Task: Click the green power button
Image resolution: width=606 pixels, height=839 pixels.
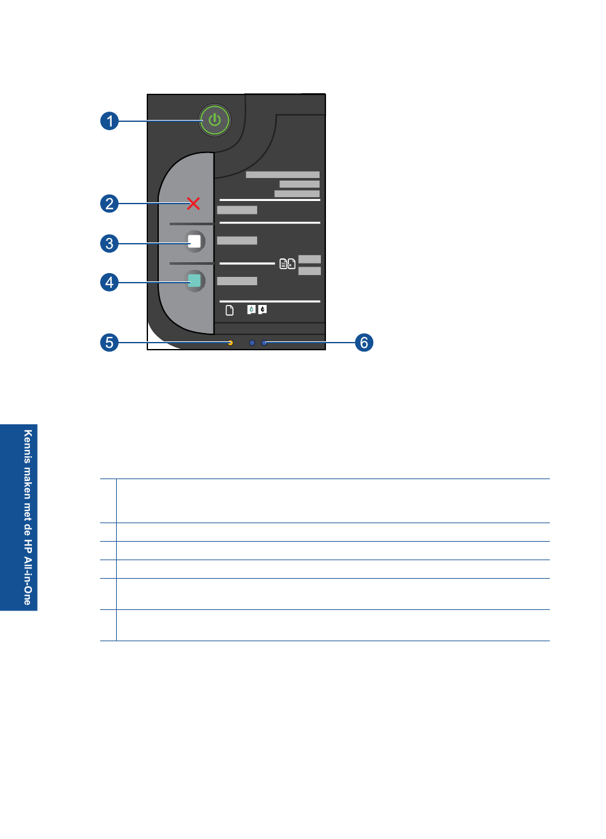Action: [x=214, y=120]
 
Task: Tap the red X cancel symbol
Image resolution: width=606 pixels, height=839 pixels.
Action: [x=193, y=204]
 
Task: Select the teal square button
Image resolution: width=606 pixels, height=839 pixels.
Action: [x=195, y=281]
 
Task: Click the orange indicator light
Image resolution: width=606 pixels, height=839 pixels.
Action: [x=230, y=343]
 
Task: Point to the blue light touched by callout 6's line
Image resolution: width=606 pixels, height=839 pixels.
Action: [x=264, y=343]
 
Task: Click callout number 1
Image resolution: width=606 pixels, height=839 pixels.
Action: [x=109, y=121]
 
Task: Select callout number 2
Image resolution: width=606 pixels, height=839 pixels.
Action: [x=109, y=204]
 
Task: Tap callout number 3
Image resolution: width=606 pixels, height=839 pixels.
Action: [x=109, y=244]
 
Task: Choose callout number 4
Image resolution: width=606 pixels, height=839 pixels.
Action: [x=109, y=282]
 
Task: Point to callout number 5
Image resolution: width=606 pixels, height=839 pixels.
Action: [x=109, y=343]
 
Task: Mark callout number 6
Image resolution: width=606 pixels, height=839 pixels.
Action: [x=364, y=343]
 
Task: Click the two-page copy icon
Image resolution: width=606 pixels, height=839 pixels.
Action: [x=287, y=264]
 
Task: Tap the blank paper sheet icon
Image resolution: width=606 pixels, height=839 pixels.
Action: [x=230, y=310]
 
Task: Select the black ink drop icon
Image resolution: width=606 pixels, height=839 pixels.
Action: [x=263, y=309]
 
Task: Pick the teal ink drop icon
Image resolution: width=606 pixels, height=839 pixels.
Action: [x=251, y=309]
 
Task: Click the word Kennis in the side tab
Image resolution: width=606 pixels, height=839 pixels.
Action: [x=27, y=446]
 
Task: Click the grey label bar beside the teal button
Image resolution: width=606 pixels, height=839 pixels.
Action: [x=237, y=281]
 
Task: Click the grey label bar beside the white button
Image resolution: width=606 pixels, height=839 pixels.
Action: [x=237, y=241]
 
